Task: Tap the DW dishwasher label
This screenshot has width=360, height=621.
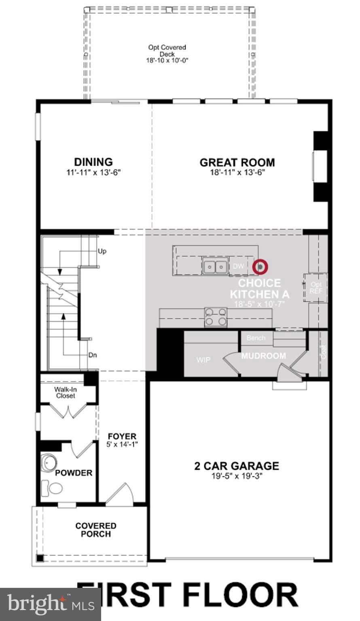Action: pos(239,266)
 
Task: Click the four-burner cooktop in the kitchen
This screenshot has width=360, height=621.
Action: pos(215,317)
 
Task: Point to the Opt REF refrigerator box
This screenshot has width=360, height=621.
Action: pos(316,288)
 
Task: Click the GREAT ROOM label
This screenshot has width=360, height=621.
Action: pos(237,163)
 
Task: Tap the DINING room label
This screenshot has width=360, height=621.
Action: pos(93,162)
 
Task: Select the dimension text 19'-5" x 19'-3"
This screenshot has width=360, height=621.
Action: pos(237,476)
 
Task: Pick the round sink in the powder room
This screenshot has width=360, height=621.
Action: pos(49,463)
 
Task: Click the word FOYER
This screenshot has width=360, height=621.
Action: pos(122,437)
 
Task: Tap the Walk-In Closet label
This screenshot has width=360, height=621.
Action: pos(66,393)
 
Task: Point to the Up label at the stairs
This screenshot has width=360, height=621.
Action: pos(102,251)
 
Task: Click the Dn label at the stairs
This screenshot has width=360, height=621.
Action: pos(93,355)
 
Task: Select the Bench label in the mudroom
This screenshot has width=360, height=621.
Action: pos(256,338)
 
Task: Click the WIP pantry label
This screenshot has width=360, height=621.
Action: pos(203,359)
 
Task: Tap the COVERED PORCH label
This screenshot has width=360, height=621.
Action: pos(96,530)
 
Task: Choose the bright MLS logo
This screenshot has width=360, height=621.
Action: pos(51,604)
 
